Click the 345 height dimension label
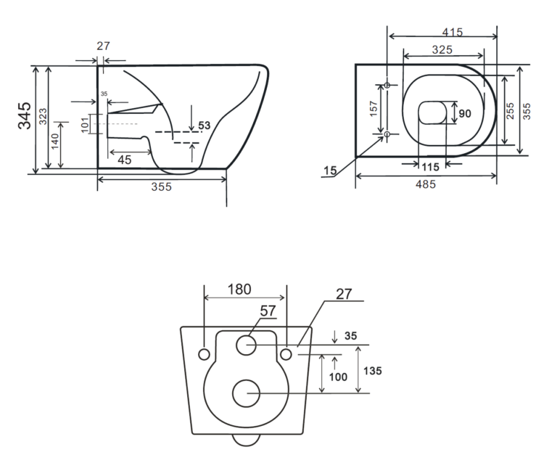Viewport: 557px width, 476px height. click(x=25, y=115)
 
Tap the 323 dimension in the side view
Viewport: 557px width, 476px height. click(x=43, y=116)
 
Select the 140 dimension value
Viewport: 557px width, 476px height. click(x=54, y=141)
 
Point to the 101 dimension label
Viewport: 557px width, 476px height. click(x=85, y=125)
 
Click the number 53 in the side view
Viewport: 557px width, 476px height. click(x=205, y=126)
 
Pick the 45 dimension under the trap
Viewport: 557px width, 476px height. click(x=124, y=160)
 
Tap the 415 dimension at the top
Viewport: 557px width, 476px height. click(x=453, y=33)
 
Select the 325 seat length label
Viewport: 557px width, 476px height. click(x=442, y=50)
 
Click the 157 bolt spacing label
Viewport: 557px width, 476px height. click(x=374, y=109)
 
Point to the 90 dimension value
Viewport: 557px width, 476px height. click(x=465, y=114)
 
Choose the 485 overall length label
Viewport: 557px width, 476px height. click(x=426, y=184)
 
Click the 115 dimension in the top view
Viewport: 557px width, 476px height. click(x=431, y=167)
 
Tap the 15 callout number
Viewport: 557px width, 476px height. click(x=330, y=171)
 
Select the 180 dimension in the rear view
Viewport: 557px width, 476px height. click(x=239, y=290)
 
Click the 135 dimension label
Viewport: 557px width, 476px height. click(x=373, y=371)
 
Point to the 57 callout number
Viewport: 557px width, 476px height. click(x=268, y=311)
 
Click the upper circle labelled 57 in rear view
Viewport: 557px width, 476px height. click(x=246, y=345)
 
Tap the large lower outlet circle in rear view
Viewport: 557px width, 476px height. click(x=246, y=393)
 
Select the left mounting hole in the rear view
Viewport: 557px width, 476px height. click(x=204, y=354)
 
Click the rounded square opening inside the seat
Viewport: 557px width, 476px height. click(x=432, y=112)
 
